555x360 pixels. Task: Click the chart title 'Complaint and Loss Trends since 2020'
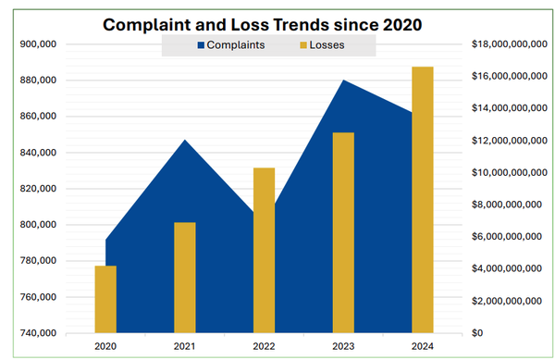click(268, 25)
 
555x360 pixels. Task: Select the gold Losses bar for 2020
click(105, 299)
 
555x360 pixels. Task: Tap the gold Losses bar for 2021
click(185, 278)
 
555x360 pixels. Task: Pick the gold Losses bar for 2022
click(264, 250)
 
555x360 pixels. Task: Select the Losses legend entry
click(322, 44)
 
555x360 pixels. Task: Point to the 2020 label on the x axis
click(105, 346)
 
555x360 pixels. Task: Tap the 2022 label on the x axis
click(264, 346)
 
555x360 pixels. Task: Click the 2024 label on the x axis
click(423, 346)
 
